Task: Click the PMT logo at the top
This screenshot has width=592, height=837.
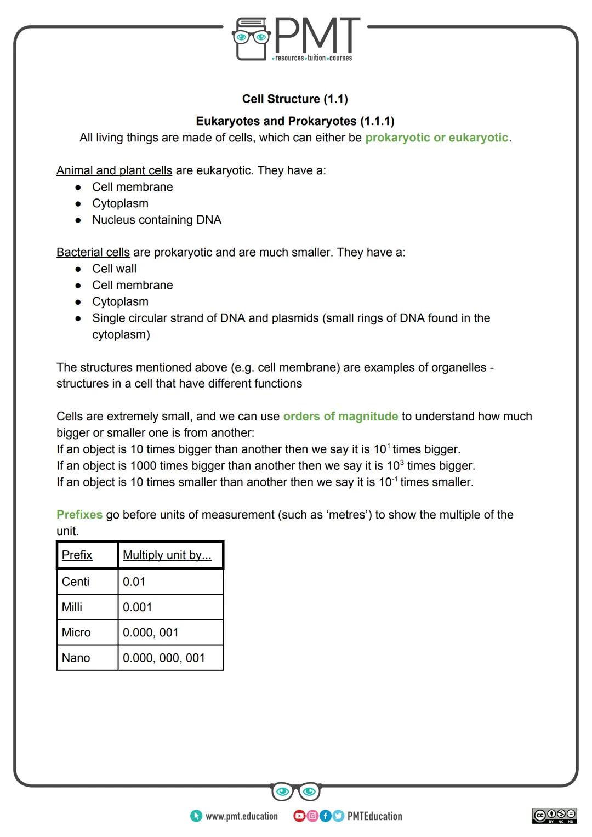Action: tap(296, 39)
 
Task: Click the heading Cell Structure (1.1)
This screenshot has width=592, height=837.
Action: tap(295, 99)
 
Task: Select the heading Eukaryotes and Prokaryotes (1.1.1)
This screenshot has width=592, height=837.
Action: tap(295, 121)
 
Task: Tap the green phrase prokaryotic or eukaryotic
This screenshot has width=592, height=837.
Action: tap(436, 138)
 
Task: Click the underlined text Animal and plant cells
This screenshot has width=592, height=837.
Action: tap(114, 170)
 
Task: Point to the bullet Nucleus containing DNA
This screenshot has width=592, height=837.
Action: tap(156, 220)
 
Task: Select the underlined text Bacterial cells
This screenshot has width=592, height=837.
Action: tap(93, 252)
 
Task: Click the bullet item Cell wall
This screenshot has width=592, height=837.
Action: tap(114, 269)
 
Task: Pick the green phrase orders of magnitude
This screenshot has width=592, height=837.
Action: tap(340, 417)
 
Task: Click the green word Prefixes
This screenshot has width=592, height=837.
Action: tap(79, 515)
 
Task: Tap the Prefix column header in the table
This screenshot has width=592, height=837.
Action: tap(77, 555)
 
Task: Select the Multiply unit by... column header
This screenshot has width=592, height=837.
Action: tap(167, 555)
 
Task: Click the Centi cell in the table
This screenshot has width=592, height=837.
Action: tap(76, 582)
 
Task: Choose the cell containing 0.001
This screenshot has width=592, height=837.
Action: tap(137, 607)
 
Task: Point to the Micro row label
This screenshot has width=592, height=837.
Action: tap(76, 633)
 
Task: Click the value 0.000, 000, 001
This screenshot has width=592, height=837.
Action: tap(163, 658)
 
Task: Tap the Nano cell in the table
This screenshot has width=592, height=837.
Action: tap(76, 658)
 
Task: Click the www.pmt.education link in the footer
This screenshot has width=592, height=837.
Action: tap(241, 816)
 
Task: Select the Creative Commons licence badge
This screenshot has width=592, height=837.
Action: tap(554, 816)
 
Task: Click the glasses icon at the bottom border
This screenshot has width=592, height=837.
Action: tap(295, 792)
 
